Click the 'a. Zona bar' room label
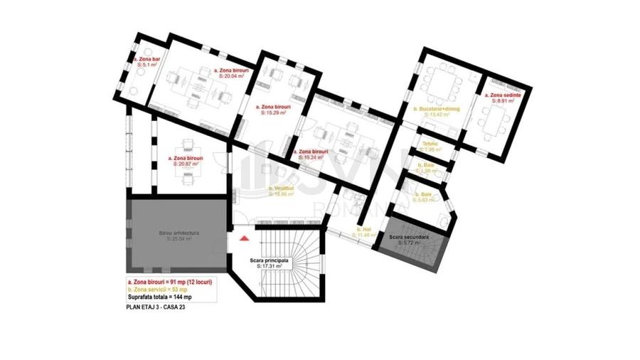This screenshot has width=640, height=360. [x=147, y=58]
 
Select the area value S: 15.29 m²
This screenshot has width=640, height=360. [x=273, y=112]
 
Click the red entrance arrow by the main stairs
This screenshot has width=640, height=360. [x=245, y=240]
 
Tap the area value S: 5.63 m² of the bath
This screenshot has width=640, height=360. [x=428, y=200]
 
